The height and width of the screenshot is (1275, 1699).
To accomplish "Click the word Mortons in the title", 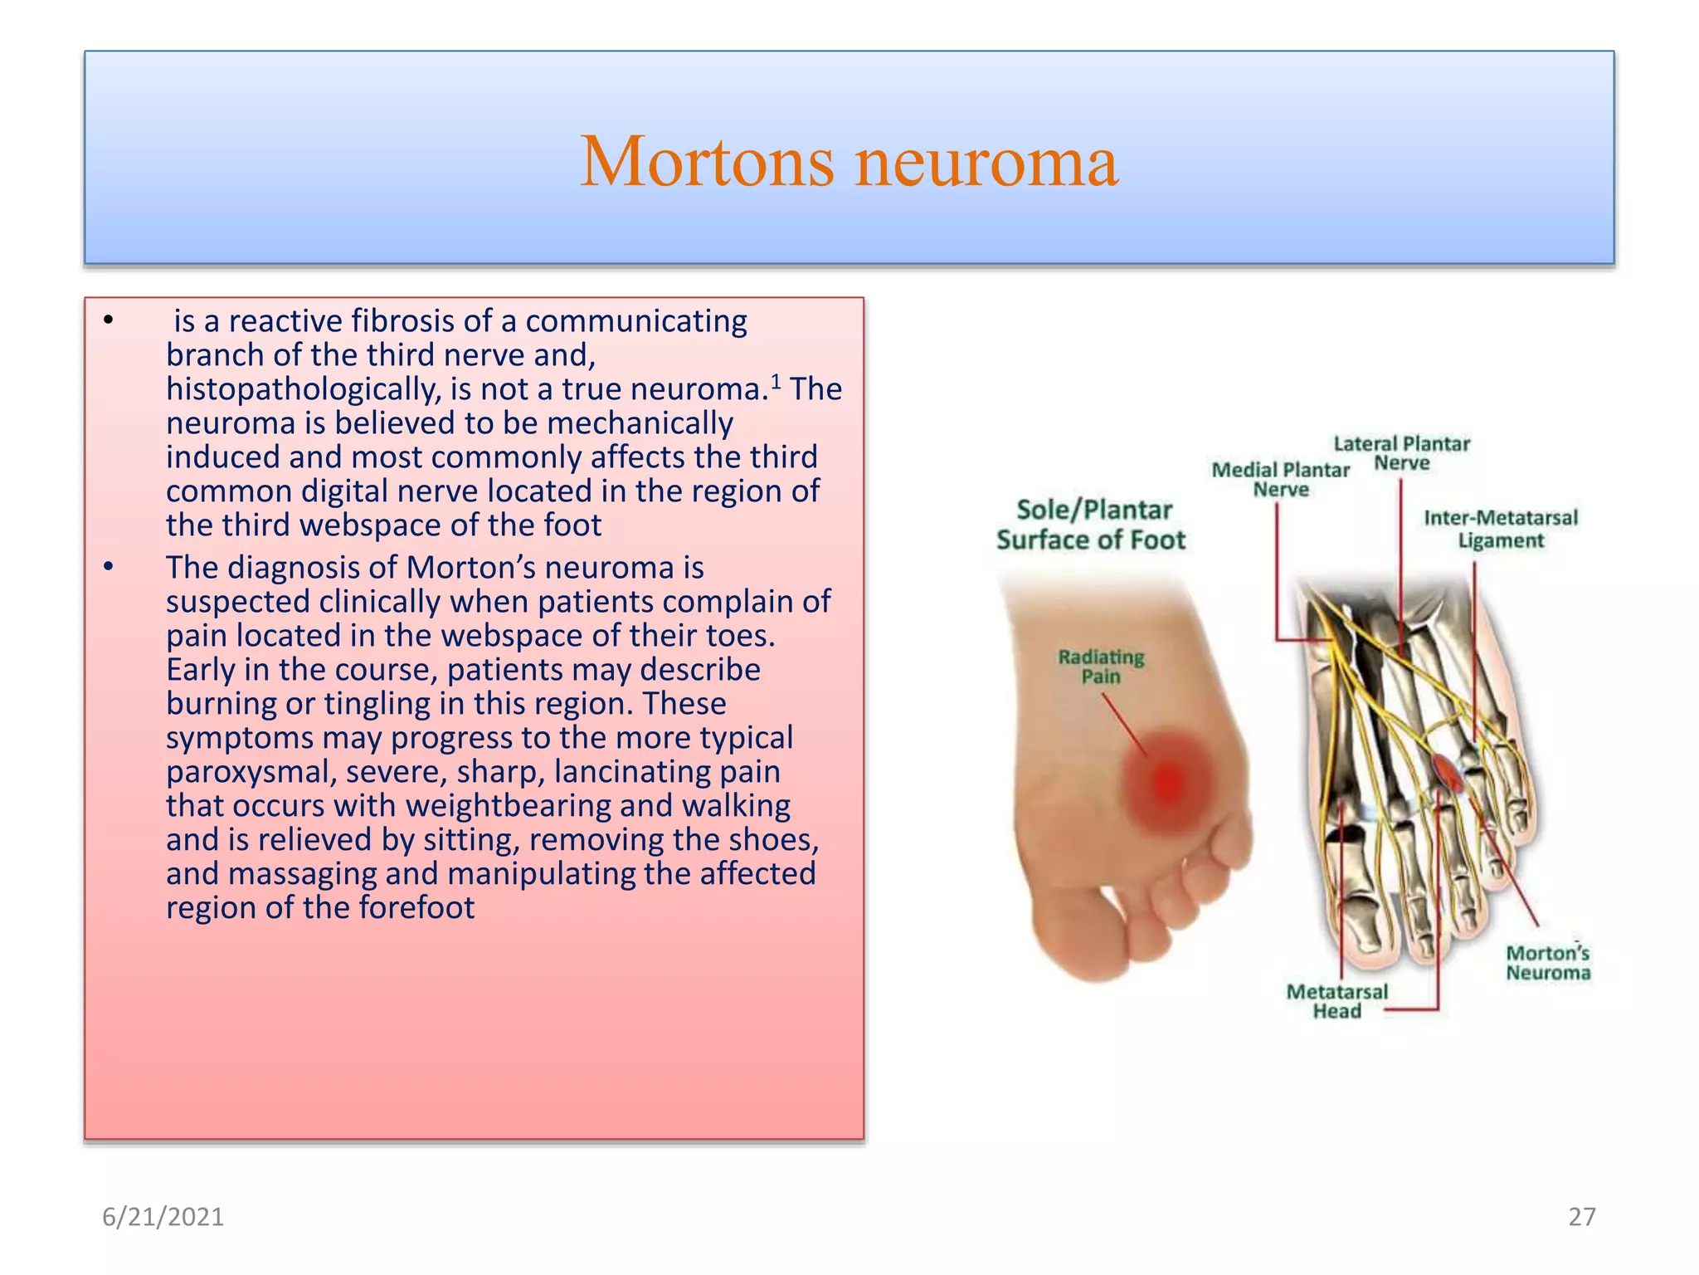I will click(707, 161).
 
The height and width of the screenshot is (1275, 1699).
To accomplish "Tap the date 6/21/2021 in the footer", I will click(163, 1217).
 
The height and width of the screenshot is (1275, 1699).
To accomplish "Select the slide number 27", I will click(1581, 1217).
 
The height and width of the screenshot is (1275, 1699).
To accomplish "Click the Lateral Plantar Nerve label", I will click(1401, 453).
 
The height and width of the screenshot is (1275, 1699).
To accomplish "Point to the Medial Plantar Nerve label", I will click(1280, 480).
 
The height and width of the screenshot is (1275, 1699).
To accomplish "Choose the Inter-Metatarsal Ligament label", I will click(1501, 529).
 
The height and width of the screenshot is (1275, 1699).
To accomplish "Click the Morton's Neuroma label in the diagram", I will click(1548, 963).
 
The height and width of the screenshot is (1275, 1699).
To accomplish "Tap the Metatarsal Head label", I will click(1336, 1001).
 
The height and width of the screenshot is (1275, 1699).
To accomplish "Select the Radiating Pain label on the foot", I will click(1101, 667).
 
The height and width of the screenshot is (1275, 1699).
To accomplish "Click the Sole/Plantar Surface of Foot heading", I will click(1092, 525).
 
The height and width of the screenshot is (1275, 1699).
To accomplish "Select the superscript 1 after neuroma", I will click(776, 382).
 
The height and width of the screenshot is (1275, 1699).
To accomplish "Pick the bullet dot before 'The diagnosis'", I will click(108, 567).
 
